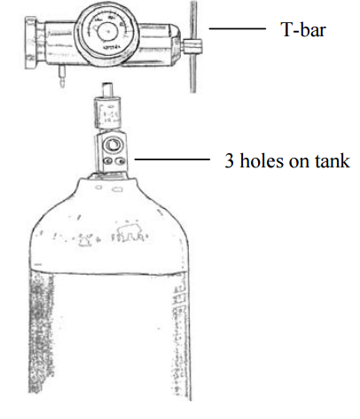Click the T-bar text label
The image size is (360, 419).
pos(303,29)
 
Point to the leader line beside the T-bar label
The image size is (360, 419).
pos(238,28)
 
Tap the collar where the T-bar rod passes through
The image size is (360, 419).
pos(192,46)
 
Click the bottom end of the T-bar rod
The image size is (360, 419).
pos(192,91)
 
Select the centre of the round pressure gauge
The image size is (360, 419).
pos(107,32)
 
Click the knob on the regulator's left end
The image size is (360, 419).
pos(31,43)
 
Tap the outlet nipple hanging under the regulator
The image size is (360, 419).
pos(62,76)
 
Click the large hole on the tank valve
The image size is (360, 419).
pos(112,145)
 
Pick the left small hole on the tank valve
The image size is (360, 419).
pos(107,161)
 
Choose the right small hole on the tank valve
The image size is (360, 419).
pos(121,161)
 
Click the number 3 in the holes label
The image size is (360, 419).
pos(230,160)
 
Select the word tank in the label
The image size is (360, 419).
pos(333,160)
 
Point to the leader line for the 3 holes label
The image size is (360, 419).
pos(172,159)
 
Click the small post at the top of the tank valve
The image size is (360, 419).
pos(107,90)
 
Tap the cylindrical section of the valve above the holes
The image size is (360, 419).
pos(107,113)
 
